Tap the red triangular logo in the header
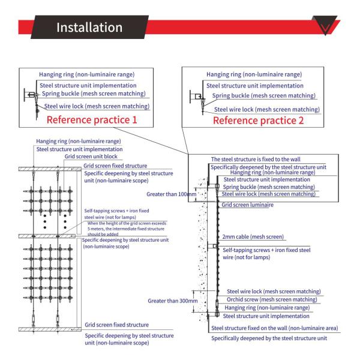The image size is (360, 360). (x=328, y=26)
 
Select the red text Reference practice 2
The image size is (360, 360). (x=259, y=119)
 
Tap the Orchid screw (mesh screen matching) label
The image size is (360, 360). (x=272, y=299)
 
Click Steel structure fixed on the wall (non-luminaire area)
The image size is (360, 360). (x=274, y=328)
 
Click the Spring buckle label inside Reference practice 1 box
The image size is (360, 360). (x=88, y=95)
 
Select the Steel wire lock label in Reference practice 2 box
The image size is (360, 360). (x=266, y=109)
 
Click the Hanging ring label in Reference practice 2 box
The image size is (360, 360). (x=254, y=75)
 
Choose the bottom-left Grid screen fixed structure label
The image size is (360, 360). (x=116, y=325)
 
